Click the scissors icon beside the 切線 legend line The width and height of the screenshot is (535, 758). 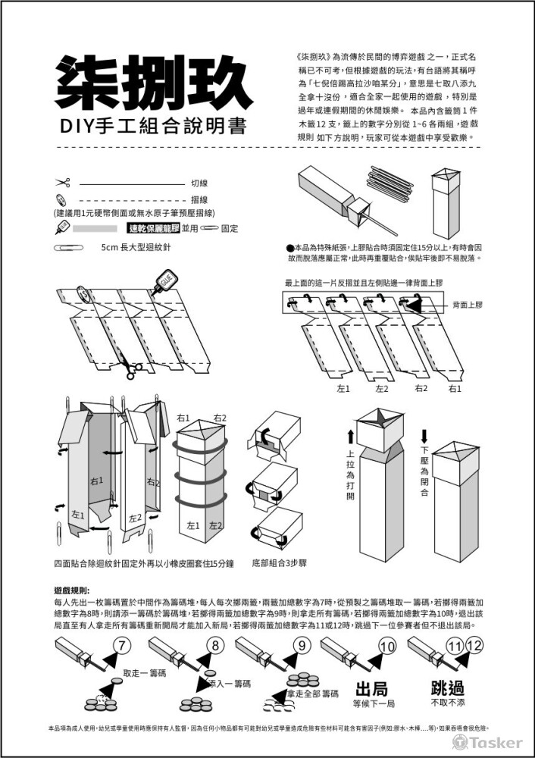click(x=62, y=183)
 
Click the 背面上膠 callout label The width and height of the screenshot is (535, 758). click(x=467, y=305)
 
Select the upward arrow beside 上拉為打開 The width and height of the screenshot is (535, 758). click(x=350, y=437)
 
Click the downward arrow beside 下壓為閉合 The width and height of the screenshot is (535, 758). click(x=424, y=437)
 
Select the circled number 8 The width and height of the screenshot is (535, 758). click(x=215, y=646)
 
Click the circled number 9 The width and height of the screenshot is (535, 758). click(x=301, y=646)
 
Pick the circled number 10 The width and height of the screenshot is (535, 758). click(x=387, y=647)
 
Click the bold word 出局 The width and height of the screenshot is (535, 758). click(x=371, y=689)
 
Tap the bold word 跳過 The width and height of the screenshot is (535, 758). click(x=446, y=689)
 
